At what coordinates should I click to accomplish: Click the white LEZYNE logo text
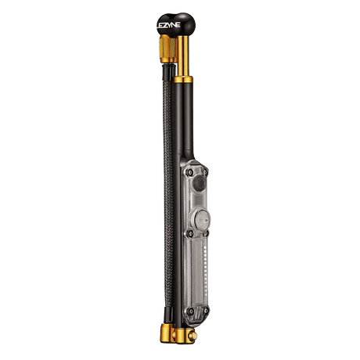tap(168, 25)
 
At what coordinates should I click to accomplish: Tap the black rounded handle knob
tap(176, 25)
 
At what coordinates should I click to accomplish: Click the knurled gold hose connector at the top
tap(167, 49)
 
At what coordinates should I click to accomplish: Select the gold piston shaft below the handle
tap(183, 56)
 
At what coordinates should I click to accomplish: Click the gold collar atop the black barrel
tap(183, 79)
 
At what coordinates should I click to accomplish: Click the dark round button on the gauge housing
tap(200, 183)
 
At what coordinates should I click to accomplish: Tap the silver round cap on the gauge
tap(202, 218)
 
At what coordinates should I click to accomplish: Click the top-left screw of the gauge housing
tap(190, 172)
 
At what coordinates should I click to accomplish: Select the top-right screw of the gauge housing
tap(205, 171)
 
